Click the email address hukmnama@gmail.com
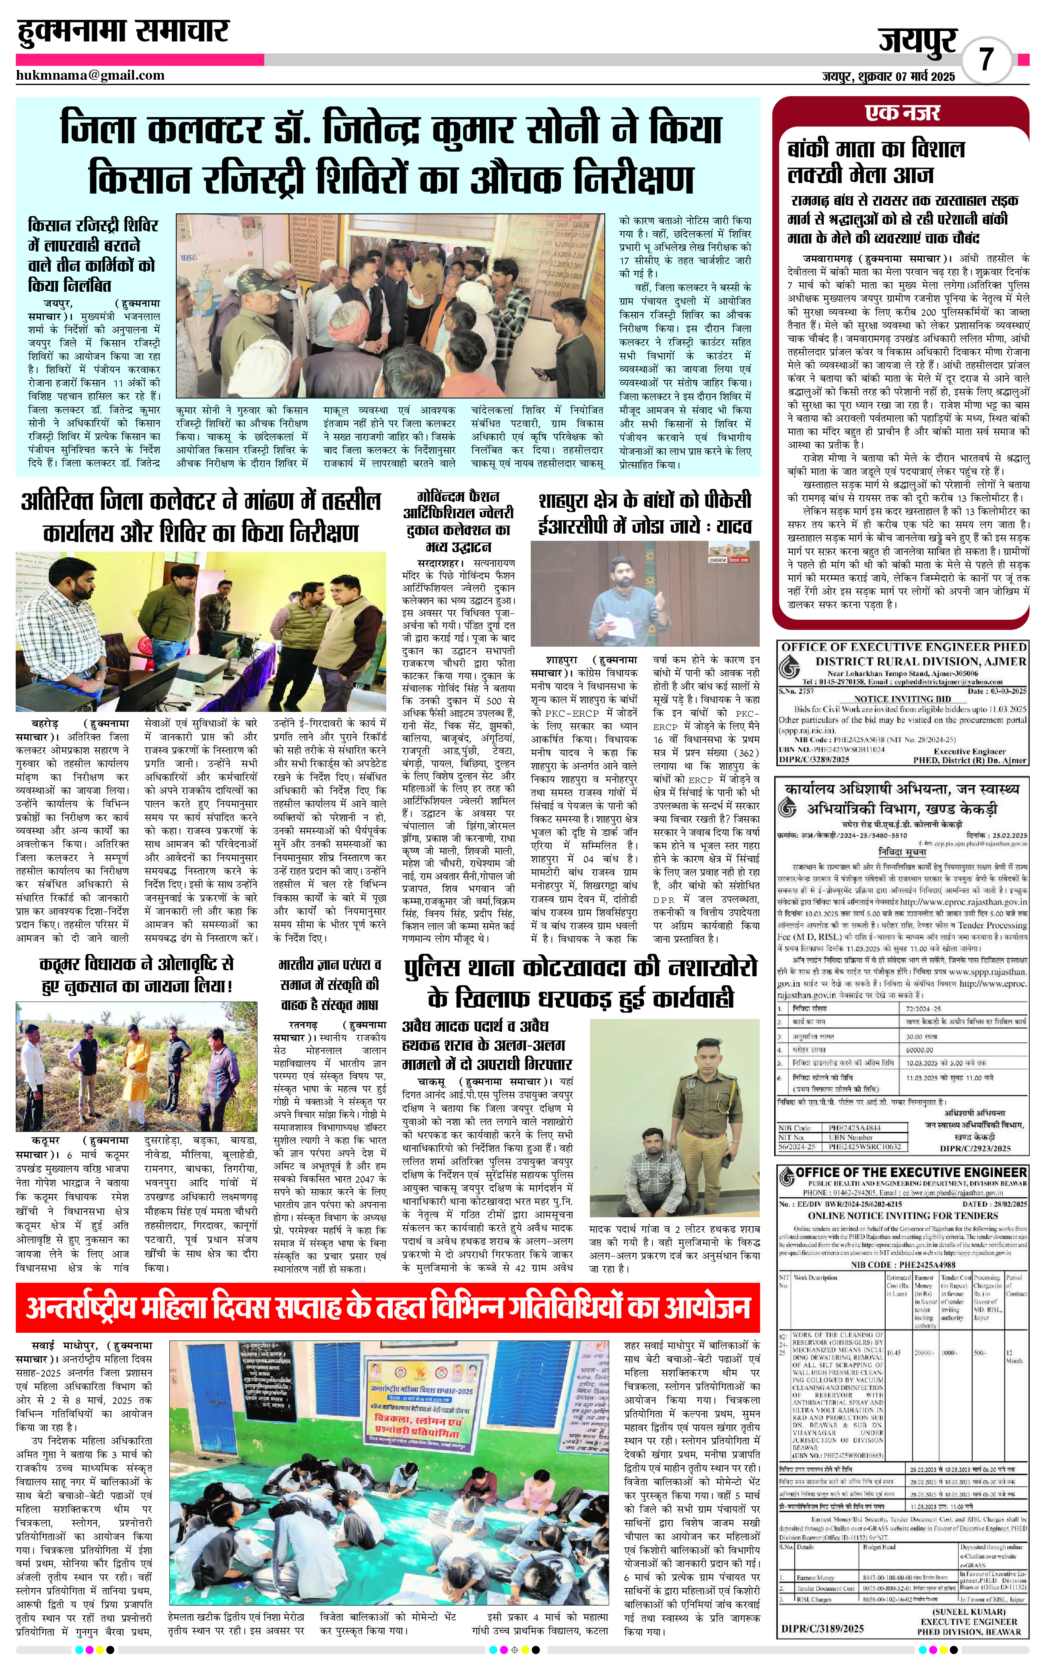(91, 75)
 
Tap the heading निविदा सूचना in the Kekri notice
(903, 852)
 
